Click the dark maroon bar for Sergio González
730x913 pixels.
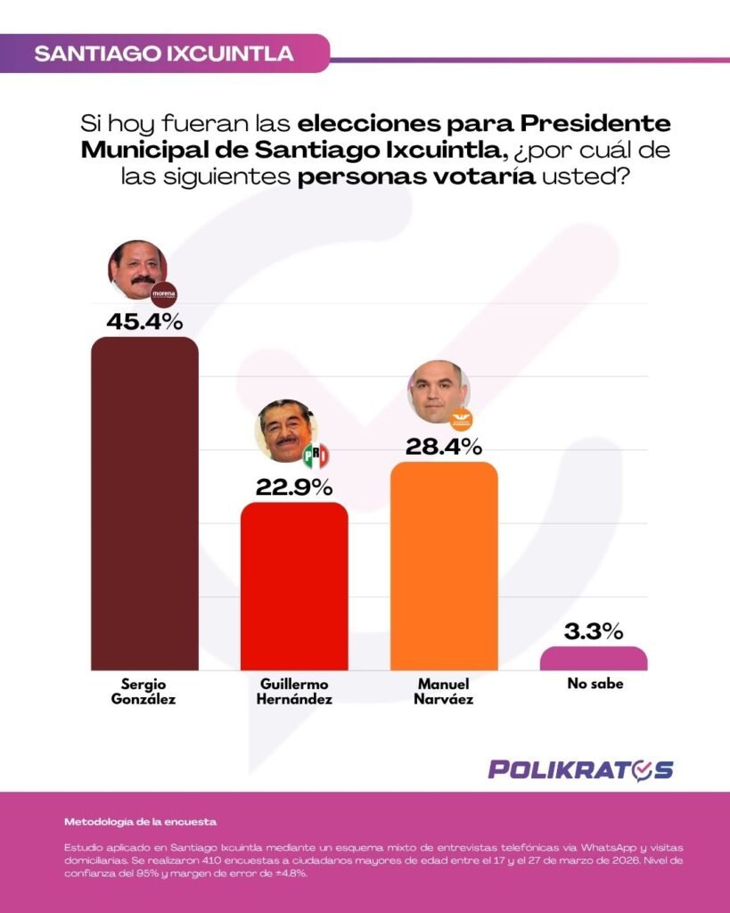click(144, 504)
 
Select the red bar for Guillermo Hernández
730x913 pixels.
click(294, 586)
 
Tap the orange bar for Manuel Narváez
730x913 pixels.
click(444, 566)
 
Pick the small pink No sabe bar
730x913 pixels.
click(594, 658)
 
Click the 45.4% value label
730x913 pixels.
click(144, 321)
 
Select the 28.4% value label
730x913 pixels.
click(444, 446)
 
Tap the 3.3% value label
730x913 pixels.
click(594, 632)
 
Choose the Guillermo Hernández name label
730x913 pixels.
click(296, 692)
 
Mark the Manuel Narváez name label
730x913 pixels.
click(445, 692)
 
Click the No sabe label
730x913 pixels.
click(595, 685)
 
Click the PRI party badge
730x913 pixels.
click(315, 456)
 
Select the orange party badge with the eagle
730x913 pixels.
click(461, 417)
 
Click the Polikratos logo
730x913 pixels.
click(580, 769)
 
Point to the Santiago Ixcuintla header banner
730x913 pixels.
click(164, 53)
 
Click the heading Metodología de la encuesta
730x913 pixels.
click(140, 820)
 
